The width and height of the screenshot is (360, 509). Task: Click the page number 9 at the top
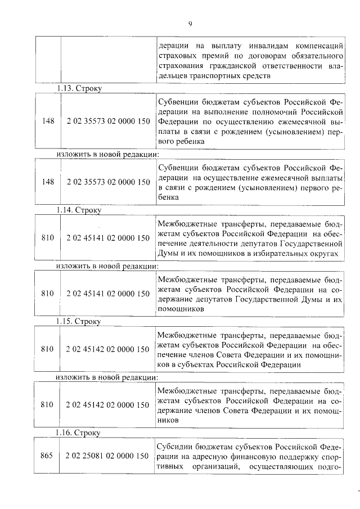pos(190,24)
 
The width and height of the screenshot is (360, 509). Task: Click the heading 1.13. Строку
pos(79,88)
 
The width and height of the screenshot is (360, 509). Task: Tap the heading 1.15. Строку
pos(79,322)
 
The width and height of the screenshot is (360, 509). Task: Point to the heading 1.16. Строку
pos(79,433)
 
